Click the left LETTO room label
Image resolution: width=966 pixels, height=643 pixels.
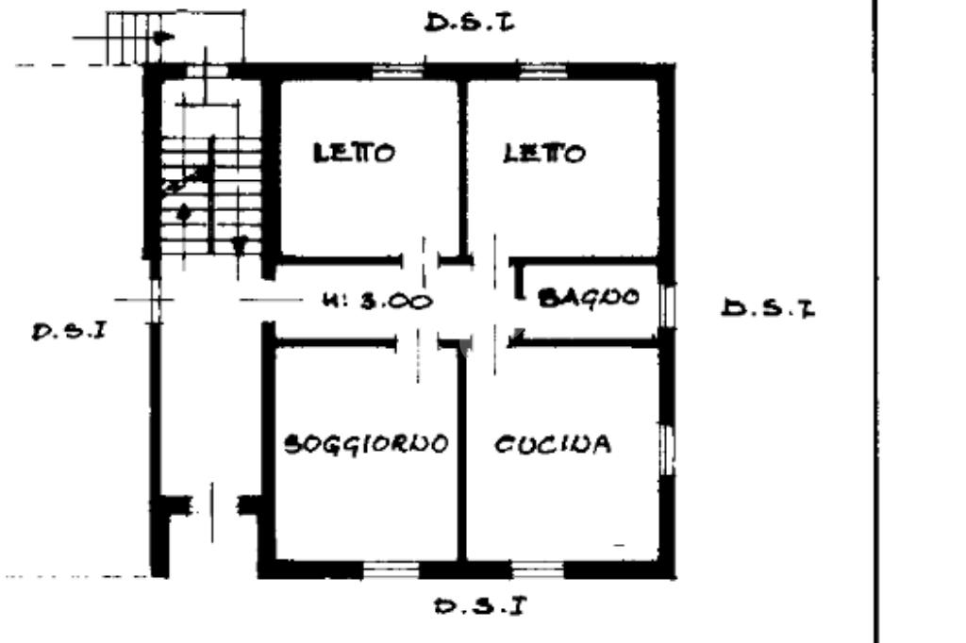tap(355, 152)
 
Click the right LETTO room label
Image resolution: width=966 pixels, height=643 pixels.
tap(544, 153)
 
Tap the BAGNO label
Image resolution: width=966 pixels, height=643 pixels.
tap(589, 298)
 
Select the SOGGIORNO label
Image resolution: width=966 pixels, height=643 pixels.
tap(366, 444)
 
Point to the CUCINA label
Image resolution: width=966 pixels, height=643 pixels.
tap(553, 444)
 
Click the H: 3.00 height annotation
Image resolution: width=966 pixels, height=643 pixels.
tap(377, 301)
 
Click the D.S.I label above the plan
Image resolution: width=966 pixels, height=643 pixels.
tap(470, 24)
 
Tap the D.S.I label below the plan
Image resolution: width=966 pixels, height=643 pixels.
tap(480, 606)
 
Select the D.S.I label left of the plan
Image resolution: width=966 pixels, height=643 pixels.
tap(69, 331)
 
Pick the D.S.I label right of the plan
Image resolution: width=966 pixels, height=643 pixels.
tap(768, 308)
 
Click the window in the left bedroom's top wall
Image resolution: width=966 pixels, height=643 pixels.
tap(399, 72)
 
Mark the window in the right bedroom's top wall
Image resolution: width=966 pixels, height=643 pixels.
tap(542, 72)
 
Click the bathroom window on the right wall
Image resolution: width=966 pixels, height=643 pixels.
tap(667, 305)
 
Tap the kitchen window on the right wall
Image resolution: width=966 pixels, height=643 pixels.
tap(667, 450)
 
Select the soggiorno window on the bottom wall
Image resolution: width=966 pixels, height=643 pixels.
tap(391, 569)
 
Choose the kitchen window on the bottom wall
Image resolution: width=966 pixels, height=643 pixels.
tap(538, 569)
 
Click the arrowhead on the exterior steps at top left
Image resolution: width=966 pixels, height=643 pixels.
tap(163, 38)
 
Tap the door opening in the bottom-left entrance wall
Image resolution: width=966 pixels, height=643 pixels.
tap(212, 505)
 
